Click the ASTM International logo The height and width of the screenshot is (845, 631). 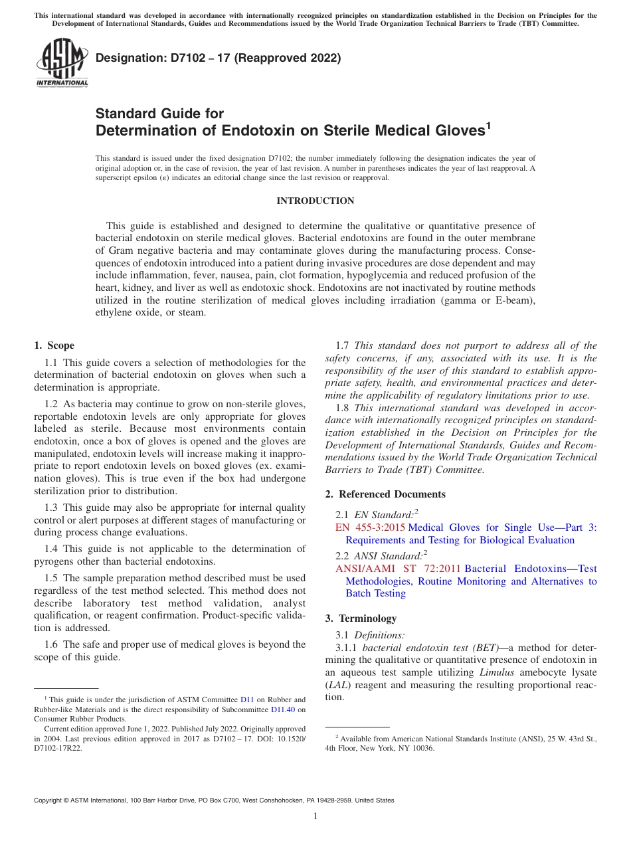pyautogui.click(x=62, y=63)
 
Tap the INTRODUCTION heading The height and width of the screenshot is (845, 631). pyautogui.click(x=315, y=201)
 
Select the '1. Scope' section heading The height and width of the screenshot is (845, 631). pyautogui.click(x=54, y=345)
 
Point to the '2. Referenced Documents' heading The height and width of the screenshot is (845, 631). pyautogui.click(x=385, y=494)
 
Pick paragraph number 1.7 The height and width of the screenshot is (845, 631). pyautogui.click(x=343, y=345)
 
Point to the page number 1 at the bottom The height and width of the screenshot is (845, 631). pyautogui.click(x=315, y=816)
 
